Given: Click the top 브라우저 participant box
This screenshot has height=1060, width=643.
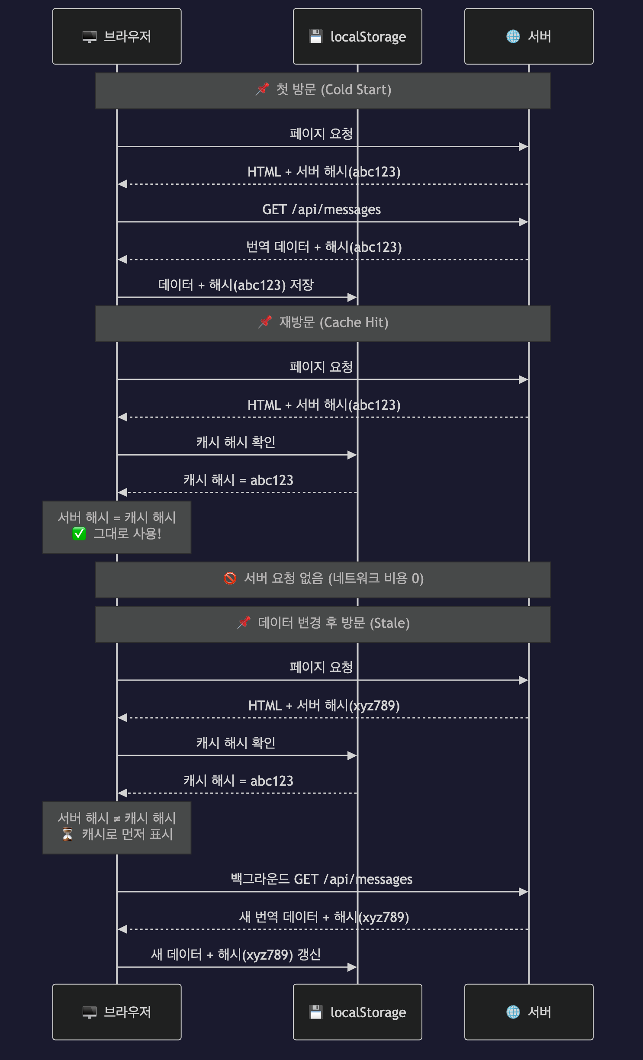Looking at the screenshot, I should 117,36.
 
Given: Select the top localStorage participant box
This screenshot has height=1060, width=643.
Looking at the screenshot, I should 357,36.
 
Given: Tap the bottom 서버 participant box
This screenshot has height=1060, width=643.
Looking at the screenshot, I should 529,1012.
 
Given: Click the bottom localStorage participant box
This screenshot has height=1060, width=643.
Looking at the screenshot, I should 357,1012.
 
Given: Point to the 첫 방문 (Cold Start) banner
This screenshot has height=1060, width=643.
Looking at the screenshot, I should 323,90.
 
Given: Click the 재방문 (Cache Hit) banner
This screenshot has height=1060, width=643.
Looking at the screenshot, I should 323,323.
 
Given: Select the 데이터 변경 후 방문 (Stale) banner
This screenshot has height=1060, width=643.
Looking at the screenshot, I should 323,624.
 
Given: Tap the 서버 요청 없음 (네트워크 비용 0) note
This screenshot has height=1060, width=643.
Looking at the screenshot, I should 323,579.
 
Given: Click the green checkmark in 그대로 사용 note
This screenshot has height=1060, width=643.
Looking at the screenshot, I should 79,533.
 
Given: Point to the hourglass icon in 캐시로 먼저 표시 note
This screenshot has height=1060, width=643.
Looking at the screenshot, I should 68,834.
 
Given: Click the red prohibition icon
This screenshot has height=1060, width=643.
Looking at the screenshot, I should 230,578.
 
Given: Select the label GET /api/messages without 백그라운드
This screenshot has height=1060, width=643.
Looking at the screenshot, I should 321,210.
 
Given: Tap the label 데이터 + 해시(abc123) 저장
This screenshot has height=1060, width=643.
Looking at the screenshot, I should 236,285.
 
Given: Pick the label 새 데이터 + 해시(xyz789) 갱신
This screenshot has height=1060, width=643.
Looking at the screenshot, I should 236,954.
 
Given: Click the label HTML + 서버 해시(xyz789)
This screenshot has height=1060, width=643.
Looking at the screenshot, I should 324,706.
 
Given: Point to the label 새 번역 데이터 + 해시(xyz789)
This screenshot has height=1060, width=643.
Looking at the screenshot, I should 324,917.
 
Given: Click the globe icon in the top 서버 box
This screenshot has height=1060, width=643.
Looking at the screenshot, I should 513,36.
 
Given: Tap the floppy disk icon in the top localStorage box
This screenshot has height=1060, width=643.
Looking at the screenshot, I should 316,36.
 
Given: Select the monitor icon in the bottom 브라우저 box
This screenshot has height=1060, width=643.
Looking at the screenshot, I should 90,1012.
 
